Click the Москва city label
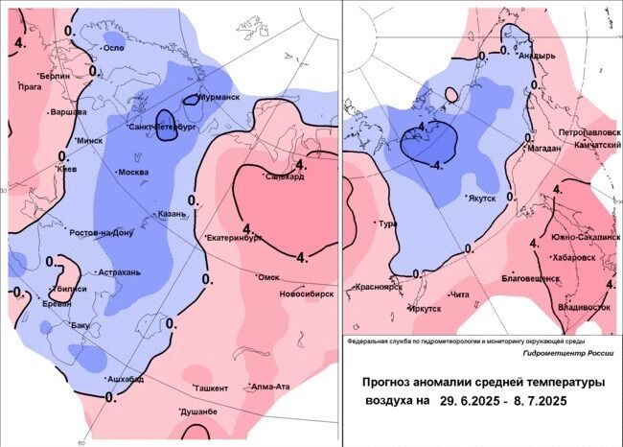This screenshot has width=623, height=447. (x=135, y=173)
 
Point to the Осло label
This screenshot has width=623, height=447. (x=114, y=48)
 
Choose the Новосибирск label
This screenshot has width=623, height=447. (x=305, y=294)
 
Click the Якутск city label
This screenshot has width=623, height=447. (x=481, y=200)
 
